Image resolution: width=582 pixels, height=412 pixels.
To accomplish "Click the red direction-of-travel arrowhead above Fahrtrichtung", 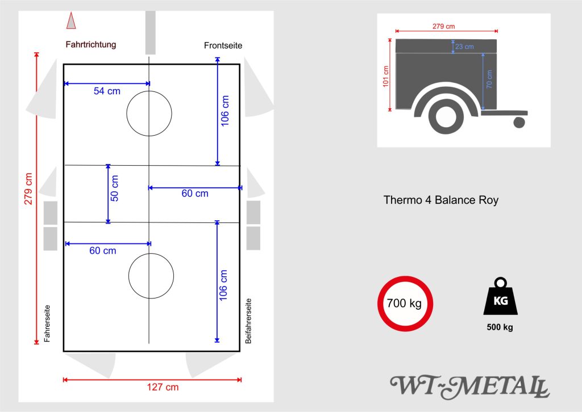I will [x=71, y=20].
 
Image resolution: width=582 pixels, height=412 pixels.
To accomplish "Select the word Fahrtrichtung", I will [x=91, y=44].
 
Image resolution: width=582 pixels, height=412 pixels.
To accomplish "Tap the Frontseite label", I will [x=223, y=45].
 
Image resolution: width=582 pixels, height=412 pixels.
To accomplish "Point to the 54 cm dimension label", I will [x=107, y=91].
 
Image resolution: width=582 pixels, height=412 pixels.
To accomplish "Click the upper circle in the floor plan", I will [x=149, y=113].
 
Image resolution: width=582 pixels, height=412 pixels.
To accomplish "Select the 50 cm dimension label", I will [x=115, y=188].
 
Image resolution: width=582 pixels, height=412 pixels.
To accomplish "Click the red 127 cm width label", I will [x=163, y=388].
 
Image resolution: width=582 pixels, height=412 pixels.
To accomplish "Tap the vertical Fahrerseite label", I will [x=48, y=322].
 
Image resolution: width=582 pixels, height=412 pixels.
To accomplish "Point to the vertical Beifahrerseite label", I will [x=248, y=321].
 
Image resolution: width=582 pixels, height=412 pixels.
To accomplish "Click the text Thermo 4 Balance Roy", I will [x=440, y=200].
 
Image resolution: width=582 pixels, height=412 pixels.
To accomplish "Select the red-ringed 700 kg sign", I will [x=405, y=303].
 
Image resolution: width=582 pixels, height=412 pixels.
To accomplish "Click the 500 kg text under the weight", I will [x=500, y=327].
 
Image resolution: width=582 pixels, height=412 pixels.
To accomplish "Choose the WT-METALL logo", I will [x=469, y=386].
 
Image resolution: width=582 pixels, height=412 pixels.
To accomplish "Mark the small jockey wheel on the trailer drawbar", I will [x=519, y=121].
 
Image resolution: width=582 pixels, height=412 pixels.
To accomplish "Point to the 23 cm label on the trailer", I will [x=464, y=47].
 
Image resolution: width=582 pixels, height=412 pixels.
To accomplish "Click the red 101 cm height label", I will [x=386, y=77].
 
